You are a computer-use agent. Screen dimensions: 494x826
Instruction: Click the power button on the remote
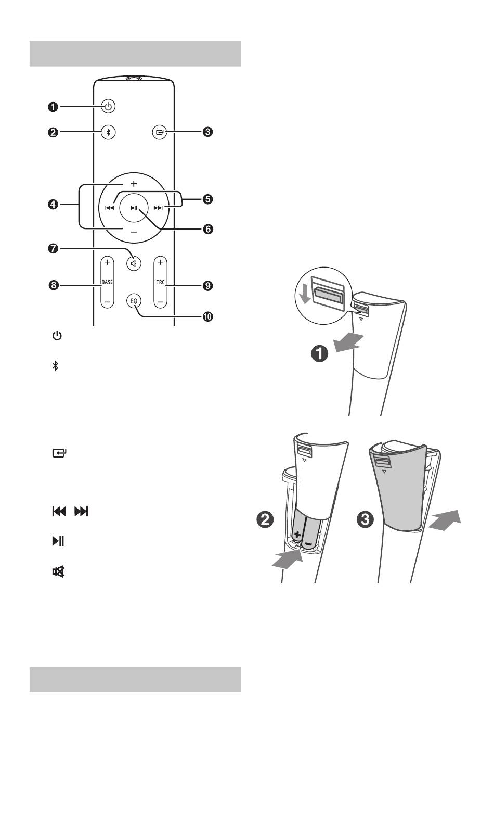pos(108,107)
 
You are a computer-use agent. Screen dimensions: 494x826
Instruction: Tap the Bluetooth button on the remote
pos(108,132)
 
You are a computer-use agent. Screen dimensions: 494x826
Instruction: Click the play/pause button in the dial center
pos(134,208)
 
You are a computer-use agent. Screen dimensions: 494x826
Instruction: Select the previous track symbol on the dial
pos(109,208)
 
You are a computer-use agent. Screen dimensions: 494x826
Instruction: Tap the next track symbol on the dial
pos(158,208)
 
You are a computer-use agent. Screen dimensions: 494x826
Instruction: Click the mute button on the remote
pos(134,264)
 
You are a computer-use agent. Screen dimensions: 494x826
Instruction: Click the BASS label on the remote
pos(107,282)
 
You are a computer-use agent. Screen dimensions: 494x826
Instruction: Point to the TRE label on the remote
pos(160,282)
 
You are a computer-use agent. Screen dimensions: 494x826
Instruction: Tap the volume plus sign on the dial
pos(134,183)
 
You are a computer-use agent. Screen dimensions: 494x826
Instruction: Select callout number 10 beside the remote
pos(208,316)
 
